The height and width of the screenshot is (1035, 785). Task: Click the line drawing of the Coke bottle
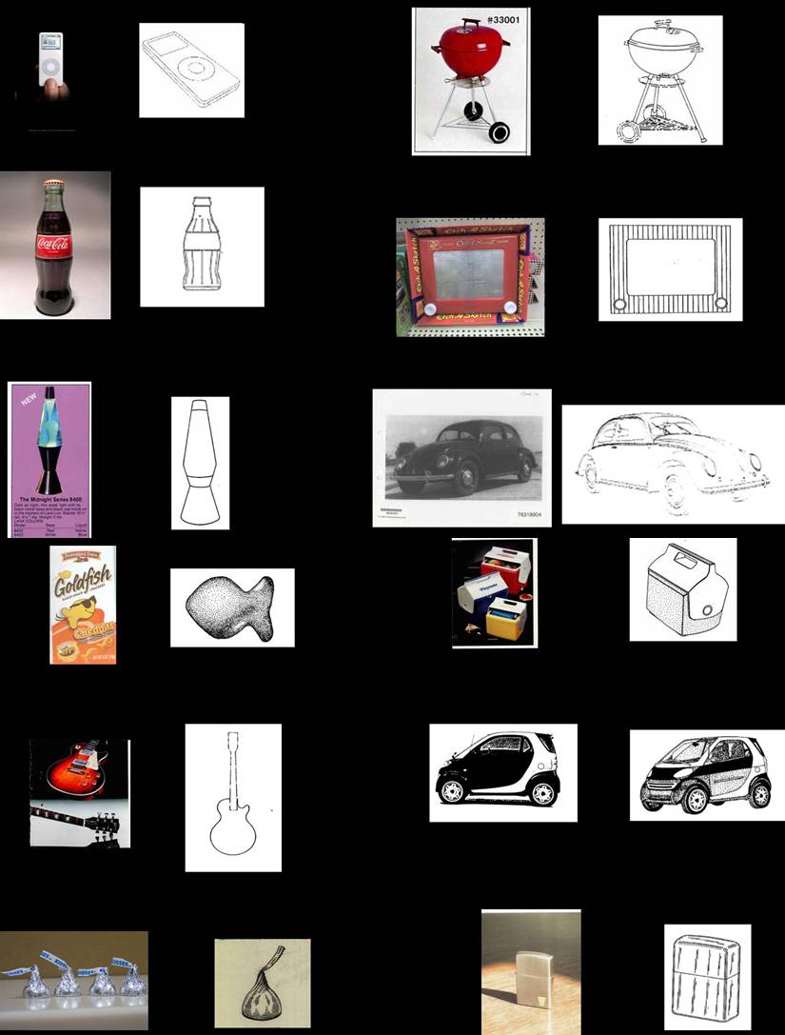tap(202, 247)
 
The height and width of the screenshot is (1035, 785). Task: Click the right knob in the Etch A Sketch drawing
tap(721, 304)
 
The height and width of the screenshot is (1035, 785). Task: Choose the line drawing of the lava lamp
tap(200, 462)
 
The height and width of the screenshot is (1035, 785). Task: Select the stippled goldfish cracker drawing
tap(231, 607)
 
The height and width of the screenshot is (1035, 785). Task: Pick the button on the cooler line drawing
tap(708, 610)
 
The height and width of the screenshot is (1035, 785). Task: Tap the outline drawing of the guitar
tap(232, 797)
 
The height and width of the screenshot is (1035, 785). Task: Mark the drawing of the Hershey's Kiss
tap(262, 985)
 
